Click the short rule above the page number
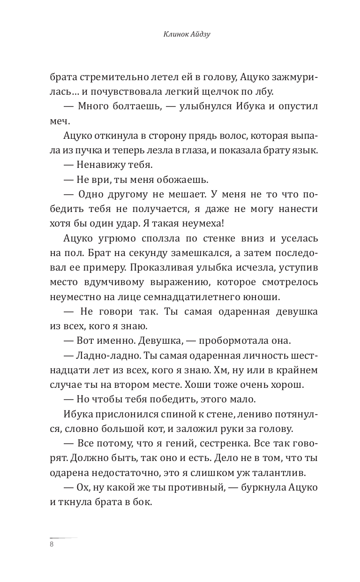point(64,537)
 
